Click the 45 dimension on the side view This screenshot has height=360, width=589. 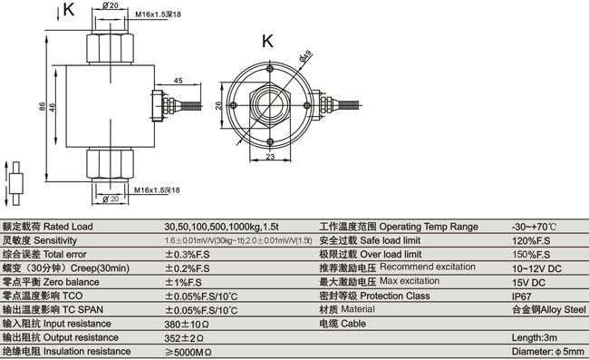pyautogui.click(x=178, y=82)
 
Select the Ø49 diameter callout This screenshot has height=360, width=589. pyautogui.click(x=305, y=59)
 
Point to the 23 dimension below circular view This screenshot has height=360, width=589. pyautogui.click(x=271, y=158)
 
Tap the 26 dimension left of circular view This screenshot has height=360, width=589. pyautogui.click(x=217, y=106)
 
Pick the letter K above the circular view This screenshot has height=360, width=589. pyautogui.click(x=267, y=41)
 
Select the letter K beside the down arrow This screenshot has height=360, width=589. pyautogui.click(x=71, y=11)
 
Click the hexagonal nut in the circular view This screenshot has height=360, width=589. pyautogui.click(x=272, y=105)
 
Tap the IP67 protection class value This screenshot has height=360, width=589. pyautogui.click(x=522, y=295)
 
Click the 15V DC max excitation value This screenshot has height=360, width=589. pyautogui.click(x=528, y=281)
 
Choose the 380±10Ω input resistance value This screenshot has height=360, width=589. pyautogui.click(x=188, y=323)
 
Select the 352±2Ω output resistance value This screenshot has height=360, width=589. pyautogui.click(x=185, y=336)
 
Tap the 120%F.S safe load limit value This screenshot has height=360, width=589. pyautogui.click(x=530, y=240)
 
